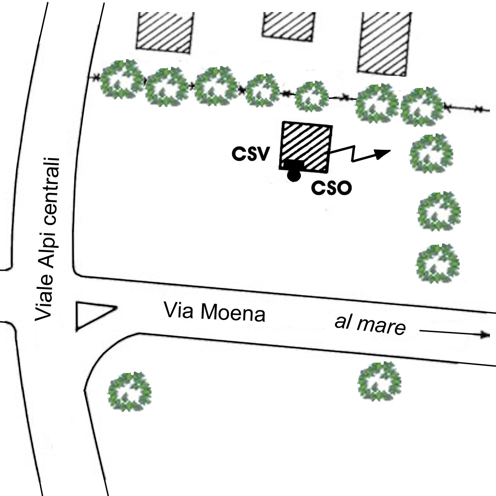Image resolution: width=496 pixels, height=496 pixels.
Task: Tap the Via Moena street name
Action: [215, 312]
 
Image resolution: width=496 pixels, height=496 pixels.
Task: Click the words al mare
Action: [370, 325]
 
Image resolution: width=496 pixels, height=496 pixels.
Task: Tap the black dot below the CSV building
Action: [294, 176]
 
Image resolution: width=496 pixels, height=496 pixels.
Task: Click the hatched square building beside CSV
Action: [306, 146]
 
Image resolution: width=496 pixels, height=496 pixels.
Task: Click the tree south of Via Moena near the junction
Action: [129, 391]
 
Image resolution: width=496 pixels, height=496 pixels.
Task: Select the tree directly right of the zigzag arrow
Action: [432, 153]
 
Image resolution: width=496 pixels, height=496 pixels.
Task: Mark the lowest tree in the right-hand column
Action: [437, 263]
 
